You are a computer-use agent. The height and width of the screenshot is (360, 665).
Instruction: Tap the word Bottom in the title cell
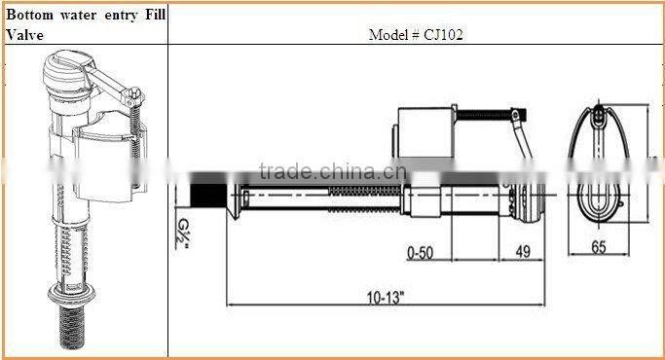pyautogui.click(x=28, y=14)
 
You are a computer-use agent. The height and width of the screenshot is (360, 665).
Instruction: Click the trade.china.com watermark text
pyautogui.click(x=316, y=173)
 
